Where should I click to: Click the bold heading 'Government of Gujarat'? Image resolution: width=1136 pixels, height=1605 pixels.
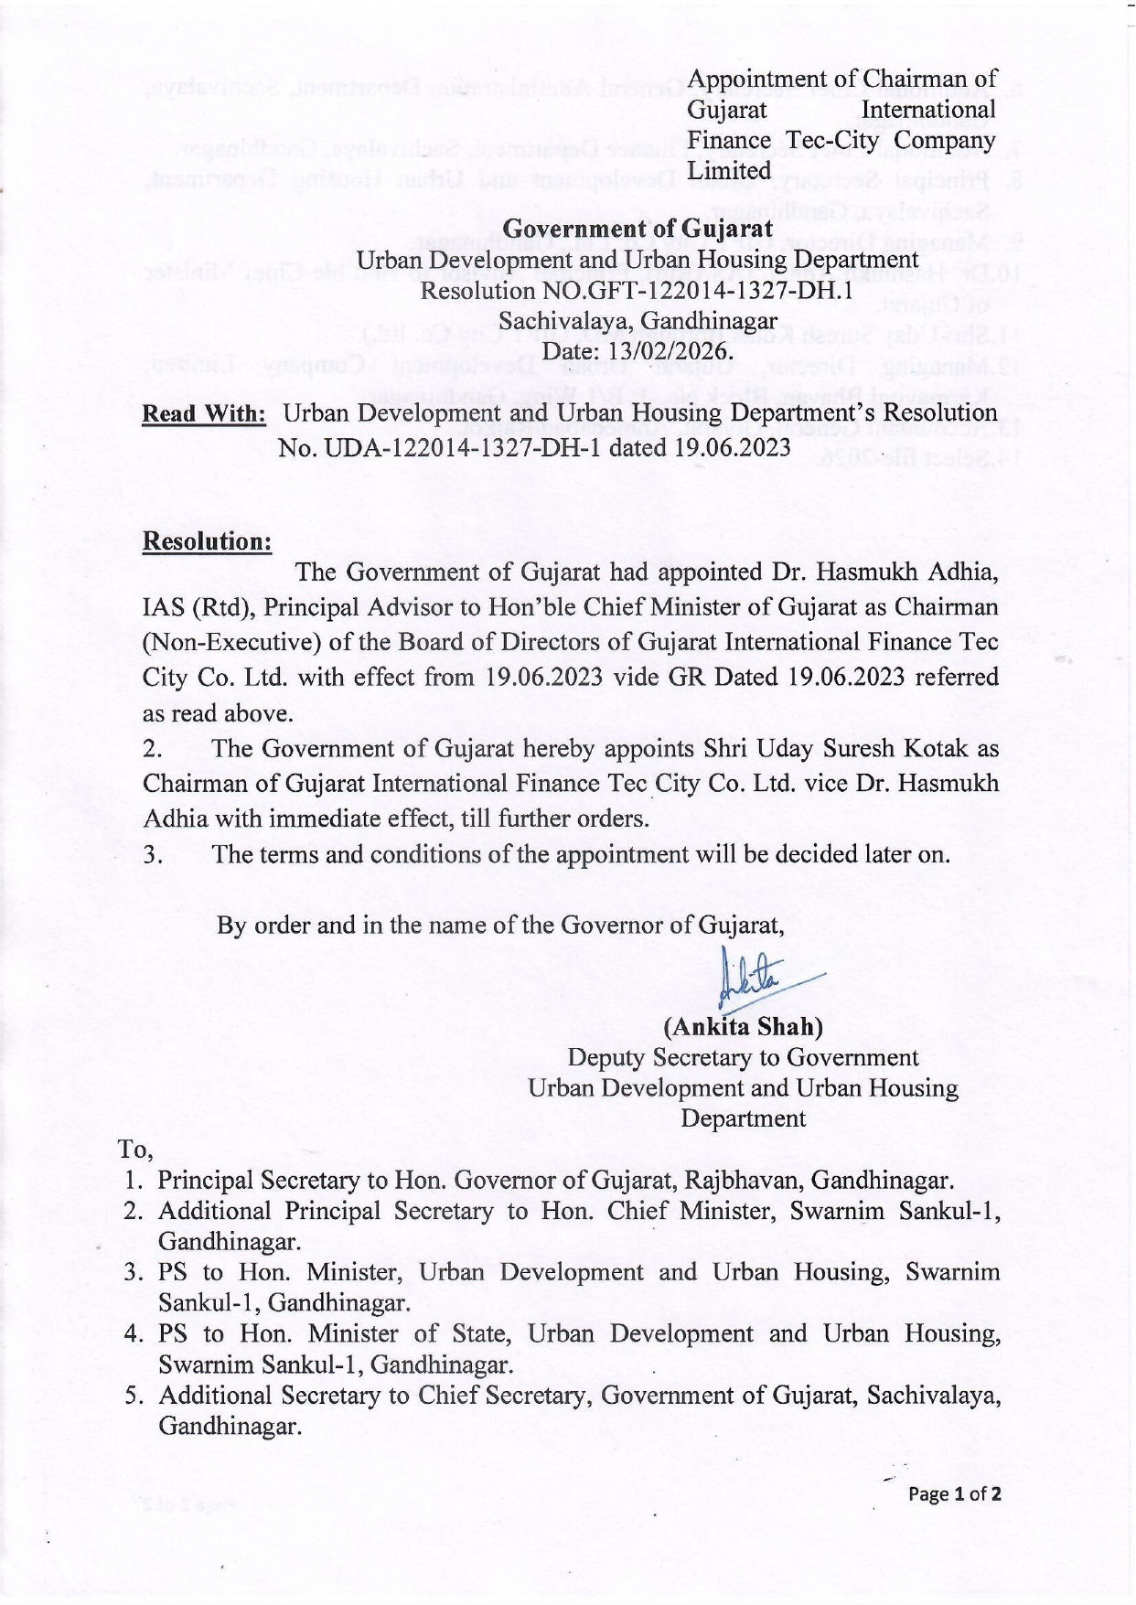[x=638, y=229]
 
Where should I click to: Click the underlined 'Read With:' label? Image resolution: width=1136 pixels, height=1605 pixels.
[x=203, y=413]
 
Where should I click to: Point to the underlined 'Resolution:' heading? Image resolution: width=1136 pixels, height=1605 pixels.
[x=207, y=541]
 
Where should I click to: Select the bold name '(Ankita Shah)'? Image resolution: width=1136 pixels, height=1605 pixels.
[x=743, y=1026]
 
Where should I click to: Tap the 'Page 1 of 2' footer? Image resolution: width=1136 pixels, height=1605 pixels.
[x=954, y=1493]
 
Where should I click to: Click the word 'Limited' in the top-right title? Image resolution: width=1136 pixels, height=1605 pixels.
[x=729, y=171]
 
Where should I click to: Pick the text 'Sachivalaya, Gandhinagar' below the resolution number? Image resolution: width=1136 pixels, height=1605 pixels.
[x=638, y=322]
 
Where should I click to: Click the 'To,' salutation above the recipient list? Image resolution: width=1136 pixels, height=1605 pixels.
[x=134, y=1149]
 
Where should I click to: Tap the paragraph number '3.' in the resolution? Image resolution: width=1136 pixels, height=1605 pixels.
[x=153, y=854]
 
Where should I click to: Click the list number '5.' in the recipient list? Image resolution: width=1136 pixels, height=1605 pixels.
[x=134, y=1396]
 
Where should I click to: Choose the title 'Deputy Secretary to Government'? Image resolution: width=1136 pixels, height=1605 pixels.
[x=743, y=1057]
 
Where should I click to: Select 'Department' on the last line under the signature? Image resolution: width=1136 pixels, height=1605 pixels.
[x=743, y=1118]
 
